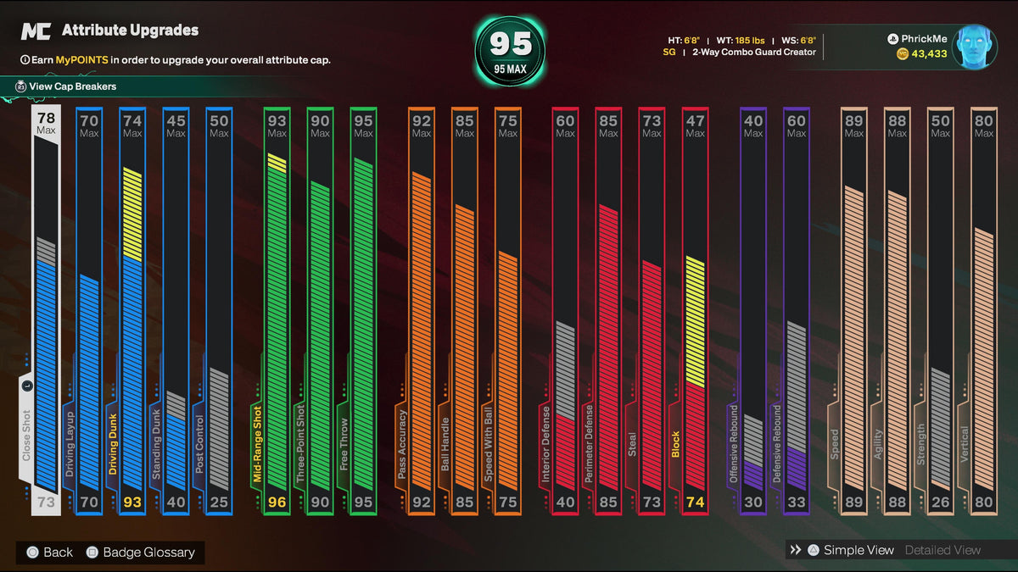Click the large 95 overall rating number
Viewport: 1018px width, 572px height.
511,44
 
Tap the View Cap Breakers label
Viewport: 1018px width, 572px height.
72,86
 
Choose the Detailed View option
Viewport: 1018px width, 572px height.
942,550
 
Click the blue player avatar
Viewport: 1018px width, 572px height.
975,47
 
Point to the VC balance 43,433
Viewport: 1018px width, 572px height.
929,54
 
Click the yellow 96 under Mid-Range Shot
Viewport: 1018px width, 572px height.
277,502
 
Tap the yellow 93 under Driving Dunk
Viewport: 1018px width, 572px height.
132,502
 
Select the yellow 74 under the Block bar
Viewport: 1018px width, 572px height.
696,502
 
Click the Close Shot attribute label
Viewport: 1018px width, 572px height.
26,436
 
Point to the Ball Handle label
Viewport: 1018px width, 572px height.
445,444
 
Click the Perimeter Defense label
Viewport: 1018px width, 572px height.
589,443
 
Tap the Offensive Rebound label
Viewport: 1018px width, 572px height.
733,443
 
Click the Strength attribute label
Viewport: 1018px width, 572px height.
920,444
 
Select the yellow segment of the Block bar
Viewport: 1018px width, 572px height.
696,322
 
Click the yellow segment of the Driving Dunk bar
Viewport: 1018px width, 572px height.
132,214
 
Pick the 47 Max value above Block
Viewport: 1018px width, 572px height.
696,125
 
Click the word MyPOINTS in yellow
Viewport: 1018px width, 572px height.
81,60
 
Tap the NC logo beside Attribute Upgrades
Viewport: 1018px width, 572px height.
36,31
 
